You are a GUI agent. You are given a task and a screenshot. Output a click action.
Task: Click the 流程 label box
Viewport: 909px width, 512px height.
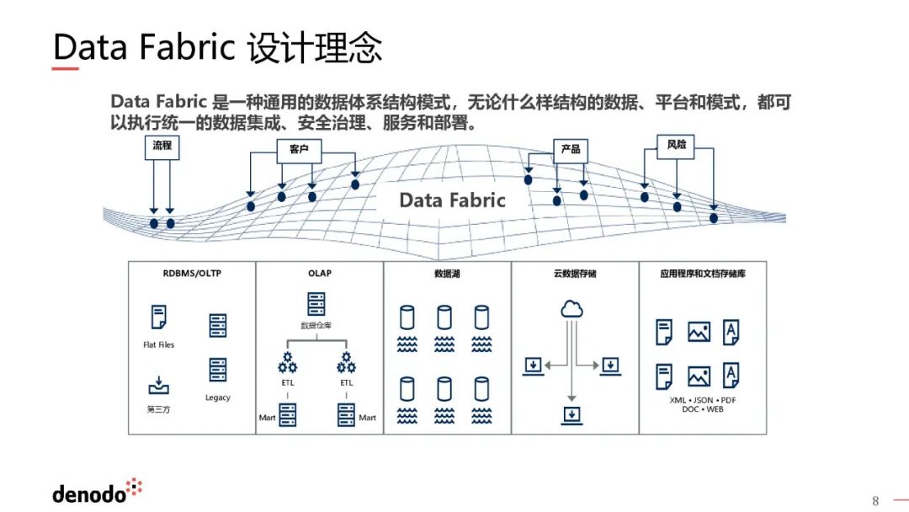click(x=162, y=146)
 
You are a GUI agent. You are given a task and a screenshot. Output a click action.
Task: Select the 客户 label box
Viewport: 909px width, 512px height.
click(x=299, y=149)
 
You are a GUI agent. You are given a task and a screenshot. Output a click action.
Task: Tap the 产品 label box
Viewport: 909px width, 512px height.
click(x=570, y=149)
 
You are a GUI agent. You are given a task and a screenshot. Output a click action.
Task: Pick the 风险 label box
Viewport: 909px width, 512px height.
click(x=676, y=145)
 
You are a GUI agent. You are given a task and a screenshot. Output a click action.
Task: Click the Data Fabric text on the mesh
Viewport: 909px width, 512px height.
click(x=452, y=200)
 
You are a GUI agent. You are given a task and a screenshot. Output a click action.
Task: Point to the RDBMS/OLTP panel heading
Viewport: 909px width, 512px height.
click(x=192, y=274)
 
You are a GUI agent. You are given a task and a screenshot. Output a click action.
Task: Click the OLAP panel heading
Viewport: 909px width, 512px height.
click(x=320, y=274)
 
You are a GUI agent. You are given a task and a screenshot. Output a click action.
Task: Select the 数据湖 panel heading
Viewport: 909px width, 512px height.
click(x=447, y=275)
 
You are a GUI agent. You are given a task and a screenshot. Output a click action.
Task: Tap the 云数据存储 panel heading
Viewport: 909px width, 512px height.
click(x=575, y=275)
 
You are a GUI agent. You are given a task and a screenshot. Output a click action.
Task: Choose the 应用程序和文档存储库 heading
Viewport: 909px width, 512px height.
click(x=703, y=275)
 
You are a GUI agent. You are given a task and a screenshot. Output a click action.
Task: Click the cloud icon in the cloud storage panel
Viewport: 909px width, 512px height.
click(x=571, y=309)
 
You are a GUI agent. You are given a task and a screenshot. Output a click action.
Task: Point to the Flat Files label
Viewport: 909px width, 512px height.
click(x=158, y=345)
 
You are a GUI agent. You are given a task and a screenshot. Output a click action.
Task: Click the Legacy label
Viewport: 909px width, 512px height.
click(x=217, y=397)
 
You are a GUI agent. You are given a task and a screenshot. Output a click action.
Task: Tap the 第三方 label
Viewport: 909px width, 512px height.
click(x=158, y=409)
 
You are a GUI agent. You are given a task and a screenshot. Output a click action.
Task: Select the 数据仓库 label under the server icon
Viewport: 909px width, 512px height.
click(x=316, y=325)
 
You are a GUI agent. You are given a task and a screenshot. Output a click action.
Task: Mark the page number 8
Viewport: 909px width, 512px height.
click(x=875, y=501)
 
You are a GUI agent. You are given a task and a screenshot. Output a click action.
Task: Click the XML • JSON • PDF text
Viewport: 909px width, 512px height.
click(x=703, y=400)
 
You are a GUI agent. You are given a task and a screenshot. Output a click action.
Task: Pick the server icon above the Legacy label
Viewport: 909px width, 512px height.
click(x=217, y=370)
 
